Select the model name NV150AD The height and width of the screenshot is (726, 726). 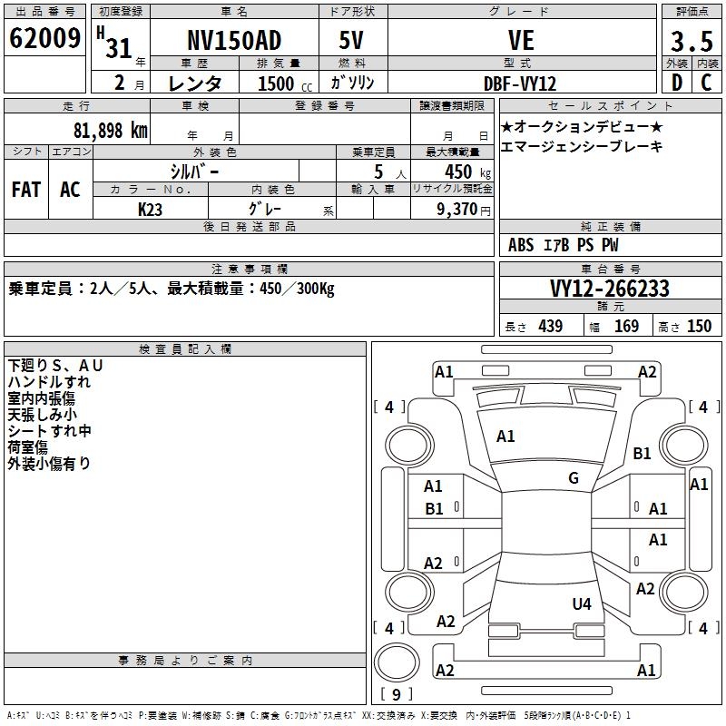234,40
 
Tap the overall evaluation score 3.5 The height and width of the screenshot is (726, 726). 690,42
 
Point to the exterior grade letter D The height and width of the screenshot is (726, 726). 676,82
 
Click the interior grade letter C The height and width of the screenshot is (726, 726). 707,82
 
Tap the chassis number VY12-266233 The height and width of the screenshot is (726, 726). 610,289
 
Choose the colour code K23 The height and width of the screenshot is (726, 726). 151,209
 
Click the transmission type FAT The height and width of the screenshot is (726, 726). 25,190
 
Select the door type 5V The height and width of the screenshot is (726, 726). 351,40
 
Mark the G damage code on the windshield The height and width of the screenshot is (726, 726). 573,478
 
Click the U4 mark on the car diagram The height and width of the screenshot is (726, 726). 582,603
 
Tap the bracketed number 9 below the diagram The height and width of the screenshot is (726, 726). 396,695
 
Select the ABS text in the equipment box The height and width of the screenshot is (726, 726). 521,245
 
